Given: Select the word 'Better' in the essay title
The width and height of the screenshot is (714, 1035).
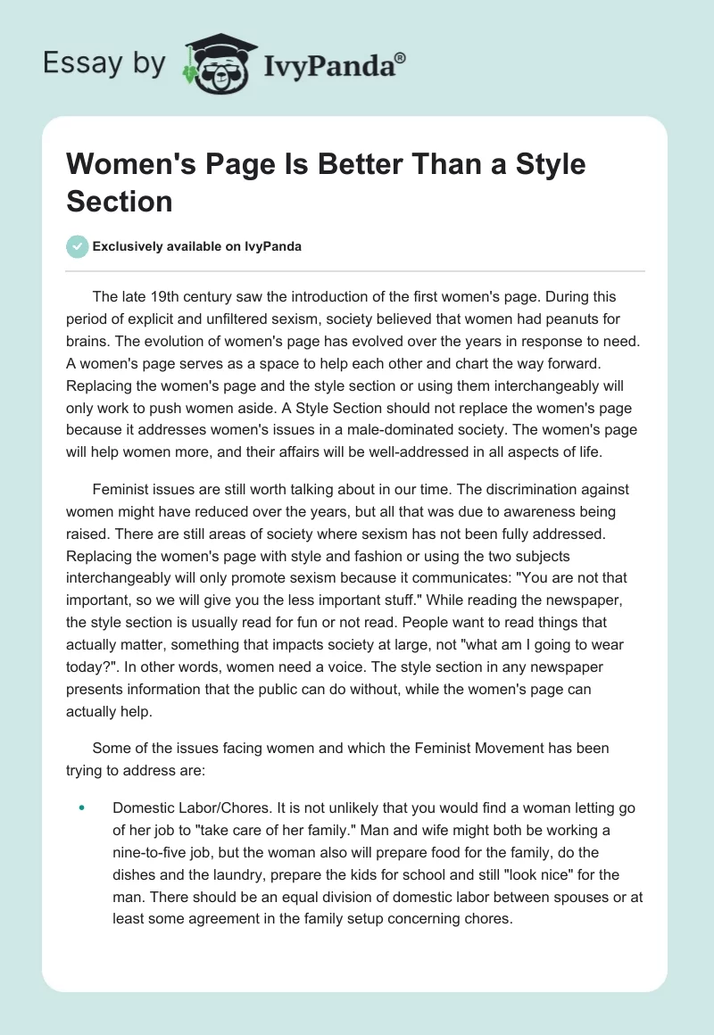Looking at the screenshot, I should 348,165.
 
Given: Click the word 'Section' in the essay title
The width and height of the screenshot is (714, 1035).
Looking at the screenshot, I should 120,201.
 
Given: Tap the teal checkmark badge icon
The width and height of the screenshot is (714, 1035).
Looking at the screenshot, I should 78,246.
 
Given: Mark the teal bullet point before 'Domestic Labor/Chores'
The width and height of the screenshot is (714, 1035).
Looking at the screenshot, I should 81,807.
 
